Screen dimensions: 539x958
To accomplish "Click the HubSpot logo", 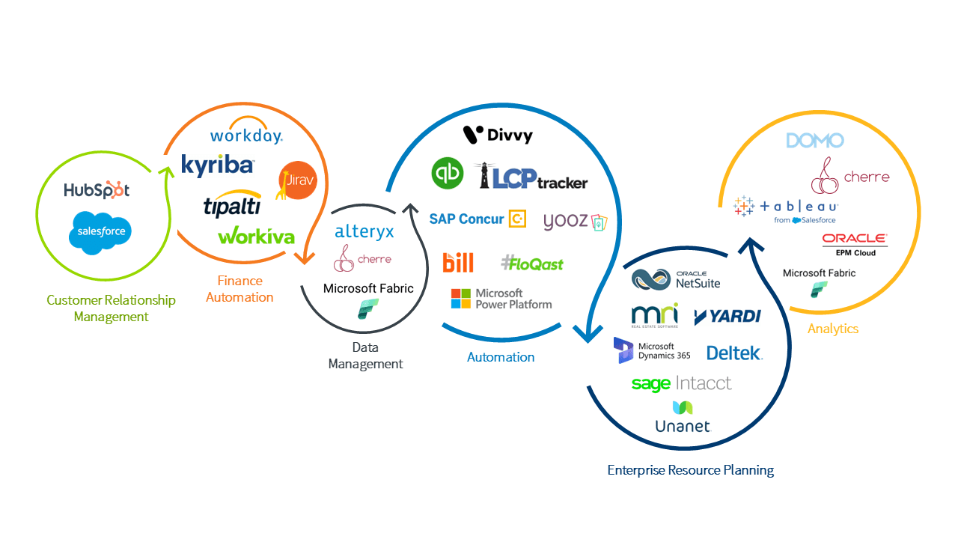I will (96, 190).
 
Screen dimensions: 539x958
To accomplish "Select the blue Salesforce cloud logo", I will (100, 231).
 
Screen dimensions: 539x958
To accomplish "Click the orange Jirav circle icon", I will (297, 180).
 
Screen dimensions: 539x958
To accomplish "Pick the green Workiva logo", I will (256, 236).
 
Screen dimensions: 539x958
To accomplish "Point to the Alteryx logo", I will (364, 231).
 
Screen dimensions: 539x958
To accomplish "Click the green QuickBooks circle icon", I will (448, 173).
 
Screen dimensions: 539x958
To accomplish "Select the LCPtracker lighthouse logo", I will (533, 177).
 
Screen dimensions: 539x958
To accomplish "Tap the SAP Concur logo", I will (478, 219).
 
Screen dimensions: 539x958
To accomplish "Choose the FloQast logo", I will (531, 263).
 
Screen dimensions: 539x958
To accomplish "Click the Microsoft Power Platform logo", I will (501, 299).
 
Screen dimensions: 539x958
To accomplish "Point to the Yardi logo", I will (727, 316).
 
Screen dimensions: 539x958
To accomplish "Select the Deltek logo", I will (734, 353).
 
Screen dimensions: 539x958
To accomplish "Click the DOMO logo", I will (815, 140).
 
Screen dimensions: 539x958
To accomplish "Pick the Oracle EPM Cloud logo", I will (855, 244).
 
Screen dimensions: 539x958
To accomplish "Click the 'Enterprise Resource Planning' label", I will (690, 470).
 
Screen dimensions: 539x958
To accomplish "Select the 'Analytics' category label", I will (832, 329).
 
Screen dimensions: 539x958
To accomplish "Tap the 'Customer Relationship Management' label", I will (111, 308).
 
